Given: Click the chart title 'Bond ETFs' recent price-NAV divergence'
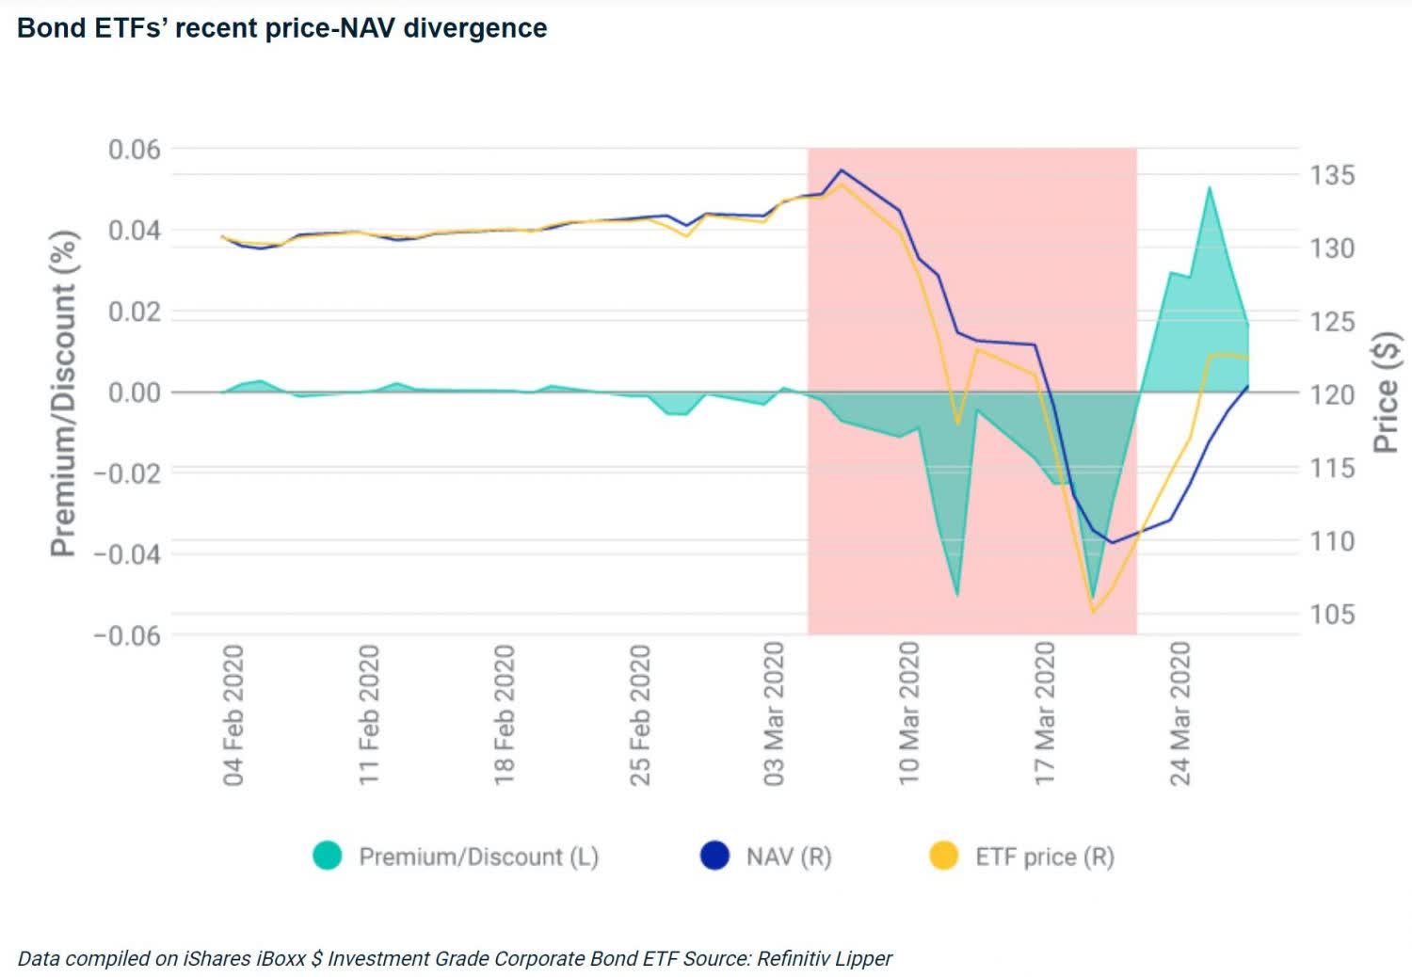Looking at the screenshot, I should [281, 28].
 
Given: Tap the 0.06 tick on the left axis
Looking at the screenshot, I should [134, 150].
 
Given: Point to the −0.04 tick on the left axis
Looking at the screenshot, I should [127, 554].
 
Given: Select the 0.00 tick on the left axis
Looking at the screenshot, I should [134, 392].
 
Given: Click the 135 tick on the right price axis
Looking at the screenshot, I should [1332, 175].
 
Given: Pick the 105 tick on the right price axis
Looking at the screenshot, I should [1332, 615].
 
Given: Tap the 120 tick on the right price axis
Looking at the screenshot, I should [1332, 394].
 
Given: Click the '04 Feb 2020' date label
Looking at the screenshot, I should [233, 715].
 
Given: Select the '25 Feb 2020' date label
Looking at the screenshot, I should [640, 715].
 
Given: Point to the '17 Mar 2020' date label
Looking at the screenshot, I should [1045, 715].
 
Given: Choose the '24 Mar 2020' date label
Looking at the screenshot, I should [1180, 715].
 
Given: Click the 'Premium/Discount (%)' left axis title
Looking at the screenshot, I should [63, 393].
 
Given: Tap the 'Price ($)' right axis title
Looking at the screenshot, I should [1386, 392].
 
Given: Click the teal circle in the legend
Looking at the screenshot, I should [328, 856].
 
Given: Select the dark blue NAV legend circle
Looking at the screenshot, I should [715, 856].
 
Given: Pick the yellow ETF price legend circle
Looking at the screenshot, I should [943, 856].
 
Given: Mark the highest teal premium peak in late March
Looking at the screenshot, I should [1210, 187].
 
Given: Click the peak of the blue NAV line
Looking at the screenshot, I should [842, 170].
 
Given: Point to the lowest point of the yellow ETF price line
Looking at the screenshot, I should [1094, 612].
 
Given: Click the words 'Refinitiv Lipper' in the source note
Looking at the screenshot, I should [824, 958].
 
